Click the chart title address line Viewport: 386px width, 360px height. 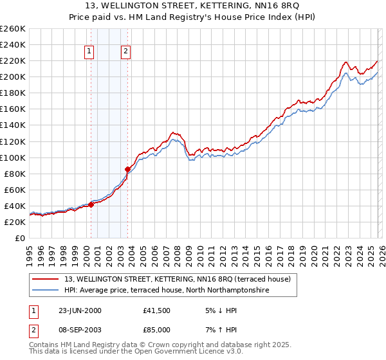pyautogui.click(x=193, y=6)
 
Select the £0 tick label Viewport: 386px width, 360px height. pyautogui.click(x=19, y=238)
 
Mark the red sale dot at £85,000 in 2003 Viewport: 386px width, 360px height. pyautogui.click(x=127, y=169)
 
